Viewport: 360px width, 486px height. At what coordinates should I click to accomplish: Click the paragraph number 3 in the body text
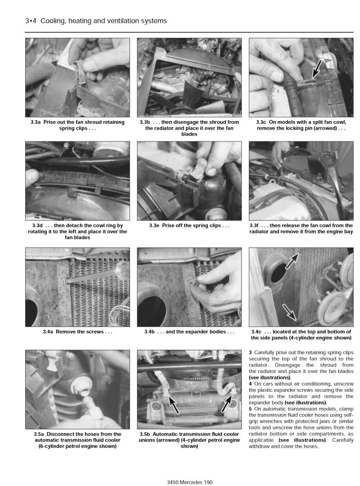pos(250,351)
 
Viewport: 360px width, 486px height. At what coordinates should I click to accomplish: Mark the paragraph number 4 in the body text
pos(250,383)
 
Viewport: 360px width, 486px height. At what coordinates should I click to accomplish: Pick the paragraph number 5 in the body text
pos(250,409)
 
